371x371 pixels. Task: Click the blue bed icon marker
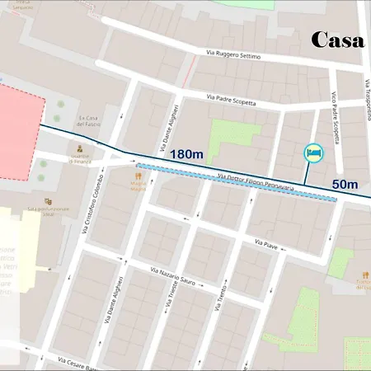pos(314,153)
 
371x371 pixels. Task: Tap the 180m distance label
pos(188,154)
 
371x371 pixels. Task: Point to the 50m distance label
pos(345,184)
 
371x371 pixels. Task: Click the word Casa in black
pos(337,40)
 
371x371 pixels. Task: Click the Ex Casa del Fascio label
pos(88,121)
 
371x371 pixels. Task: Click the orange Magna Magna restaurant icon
pos(138,175)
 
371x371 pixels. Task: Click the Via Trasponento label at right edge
pos(367,98)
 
